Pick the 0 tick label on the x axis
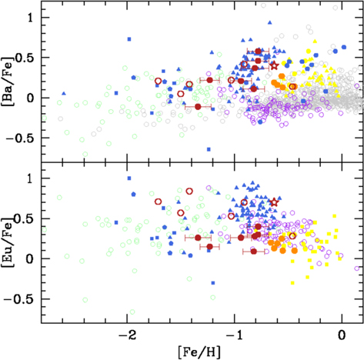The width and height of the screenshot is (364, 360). coord(342,335)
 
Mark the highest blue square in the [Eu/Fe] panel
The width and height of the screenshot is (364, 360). coord(129,178)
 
